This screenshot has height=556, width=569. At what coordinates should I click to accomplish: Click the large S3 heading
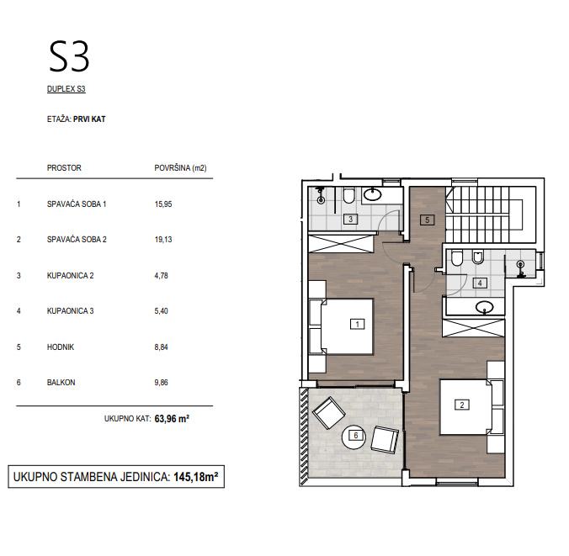tap(69, 56)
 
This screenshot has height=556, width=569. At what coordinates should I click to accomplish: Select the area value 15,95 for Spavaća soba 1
tap(163, 204)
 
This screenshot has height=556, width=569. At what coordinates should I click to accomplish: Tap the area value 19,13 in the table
tap(163, 240)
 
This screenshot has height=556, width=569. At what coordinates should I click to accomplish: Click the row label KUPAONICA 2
tap(71, 276)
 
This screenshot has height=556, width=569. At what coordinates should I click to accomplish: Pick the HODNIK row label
tap(61, 347)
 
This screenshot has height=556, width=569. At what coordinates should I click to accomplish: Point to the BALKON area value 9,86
tap(162, 382)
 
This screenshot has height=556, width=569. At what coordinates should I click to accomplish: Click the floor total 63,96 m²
tap(172, 419)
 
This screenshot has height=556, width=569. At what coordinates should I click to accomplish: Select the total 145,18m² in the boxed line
tap(196, 477)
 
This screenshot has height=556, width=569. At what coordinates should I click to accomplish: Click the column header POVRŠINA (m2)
tap(180, 168)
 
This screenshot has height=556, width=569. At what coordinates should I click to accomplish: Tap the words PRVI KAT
tap(89, 119)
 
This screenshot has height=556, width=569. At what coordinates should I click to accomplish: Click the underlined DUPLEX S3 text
tap(66, 89)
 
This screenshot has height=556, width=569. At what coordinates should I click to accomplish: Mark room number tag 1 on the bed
tap(357, 324)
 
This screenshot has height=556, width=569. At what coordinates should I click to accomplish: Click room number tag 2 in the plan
tap(462, 405)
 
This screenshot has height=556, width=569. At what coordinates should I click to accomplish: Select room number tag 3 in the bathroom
tap(350, 219)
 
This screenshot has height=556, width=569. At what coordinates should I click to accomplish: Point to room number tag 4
tap(480, 283)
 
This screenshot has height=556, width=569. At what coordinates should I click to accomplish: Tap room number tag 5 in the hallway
tap(427, 220)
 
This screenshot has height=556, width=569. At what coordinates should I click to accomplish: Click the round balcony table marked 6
tap(356, 437)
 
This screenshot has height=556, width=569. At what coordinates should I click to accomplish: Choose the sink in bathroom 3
tap(373, 195)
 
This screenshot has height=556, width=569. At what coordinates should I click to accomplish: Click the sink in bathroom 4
tap(485, 308)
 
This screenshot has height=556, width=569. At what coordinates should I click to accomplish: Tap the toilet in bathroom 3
tap(349, 196)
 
